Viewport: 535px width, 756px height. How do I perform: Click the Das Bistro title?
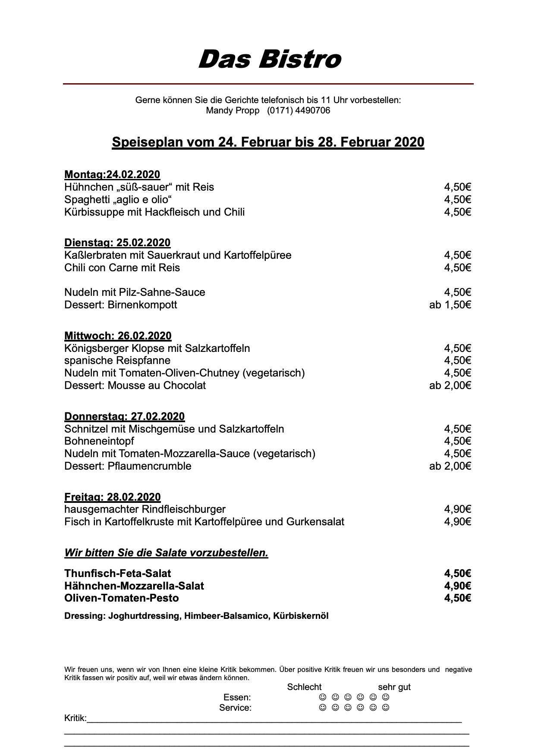(269, 59)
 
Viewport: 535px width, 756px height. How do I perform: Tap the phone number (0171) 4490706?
(298, 110)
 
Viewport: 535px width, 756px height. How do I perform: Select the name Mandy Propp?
(233, 110)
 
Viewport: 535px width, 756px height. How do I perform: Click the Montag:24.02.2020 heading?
(112, 175)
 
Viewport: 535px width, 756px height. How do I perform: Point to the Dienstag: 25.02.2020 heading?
(117, 242)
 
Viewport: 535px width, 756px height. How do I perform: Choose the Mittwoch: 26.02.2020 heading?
(118, 336)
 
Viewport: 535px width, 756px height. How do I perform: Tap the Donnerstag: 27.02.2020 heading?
(124, 416)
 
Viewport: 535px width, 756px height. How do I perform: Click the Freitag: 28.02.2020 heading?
(112, 497)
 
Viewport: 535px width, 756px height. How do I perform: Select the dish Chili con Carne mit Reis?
(122, 267)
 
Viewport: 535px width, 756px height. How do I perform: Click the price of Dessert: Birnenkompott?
(450, 305)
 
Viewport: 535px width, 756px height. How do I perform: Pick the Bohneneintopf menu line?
(99, 441)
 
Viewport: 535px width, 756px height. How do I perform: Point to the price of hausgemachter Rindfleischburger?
(457, 509)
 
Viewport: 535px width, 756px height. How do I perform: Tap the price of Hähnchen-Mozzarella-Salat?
(457, 586)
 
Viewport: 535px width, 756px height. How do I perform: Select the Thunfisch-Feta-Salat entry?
(117, 573)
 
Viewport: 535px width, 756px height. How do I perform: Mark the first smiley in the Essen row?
(322, 697)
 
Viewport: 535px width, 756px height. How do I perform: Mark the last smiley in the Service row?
(386, 708)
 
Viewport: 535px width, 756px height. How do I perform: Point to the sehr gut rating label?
(394, 687)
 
